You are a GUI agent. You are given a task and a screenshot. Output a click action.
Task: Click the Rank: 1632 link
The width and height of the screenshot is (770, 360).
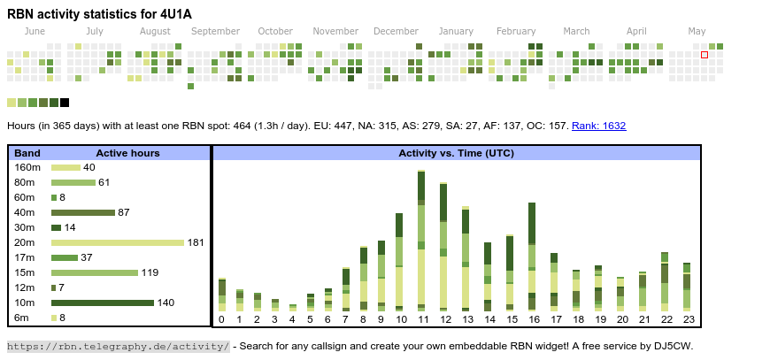[x=598, y=126]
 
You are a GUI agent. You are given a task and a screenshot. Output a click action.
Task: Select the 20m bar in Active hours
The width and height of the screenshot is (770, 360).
[x=117, y=242]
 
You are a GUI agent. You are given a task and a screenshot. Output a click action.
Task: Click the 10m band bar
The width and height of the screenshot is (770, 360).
[x=102, y=303]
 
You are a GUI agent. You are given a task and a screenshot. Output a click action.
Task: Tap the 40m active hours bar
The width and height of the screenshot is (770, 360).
[x=83, y=212]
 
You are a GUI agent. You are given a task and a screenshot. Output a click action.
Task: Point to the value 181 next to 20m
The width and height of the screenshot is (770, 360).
[x=196, y=242]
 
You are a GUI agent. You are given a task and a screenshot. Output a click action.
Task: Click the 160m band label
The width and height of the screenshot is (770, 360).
[x=27, y=167]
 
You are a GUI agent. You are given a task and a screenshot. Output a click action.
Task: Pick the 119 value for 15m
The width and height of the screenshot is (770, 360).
[x=150, y=272]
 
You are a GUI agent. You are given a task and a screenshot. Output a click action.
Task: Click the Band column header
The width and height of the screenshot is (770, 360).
[x=27, y=153]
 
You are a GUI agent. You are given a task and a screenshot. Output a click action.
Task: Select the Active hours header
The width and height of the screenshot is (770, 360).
[x=127, y=153]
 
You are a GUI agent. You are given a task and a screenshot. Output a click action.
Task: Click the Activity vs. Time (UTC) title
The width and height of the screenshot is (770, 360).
[x=456, y=153]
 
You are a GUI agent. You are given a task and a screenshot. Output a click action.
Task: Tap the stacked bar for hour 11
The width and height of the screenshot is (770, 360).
[x=421, y=240]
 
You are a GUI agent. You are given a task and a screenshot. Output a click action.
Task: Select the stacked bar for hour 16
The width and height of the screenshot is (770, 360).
[x=532, y=256]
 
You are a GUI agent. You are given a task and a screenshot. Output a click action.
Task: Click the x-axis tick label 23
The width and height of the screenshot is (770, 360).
[x=689, y=319]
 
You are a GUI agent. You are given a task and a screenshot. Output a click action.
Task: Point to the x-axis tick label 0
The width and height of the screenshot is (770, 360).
[x=221, y=319]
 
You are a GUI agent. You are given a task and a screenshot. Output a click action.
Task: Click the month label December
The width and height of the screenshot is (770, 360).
[x=396, y=31]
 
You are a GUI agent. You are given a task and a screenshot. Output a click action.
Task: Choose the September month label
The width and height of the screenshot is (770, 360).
[x=215, y=31]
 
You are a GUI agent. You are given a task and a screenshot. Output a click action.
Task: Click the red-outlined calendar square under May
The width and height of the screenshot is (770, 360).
[x=705, y=55]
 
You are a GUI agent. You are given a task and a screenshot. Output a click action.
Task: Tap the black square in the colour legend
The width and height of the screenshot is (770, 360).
[x=65, y=103]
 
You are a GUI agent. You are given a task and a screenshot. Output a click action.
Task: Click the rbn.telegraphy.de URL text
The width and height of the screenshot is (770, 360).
[x=118, y=346]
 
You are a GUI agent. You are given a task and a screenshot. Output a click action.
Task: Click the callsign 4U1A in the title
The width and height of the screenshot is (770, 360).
[x=175, y=13]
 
